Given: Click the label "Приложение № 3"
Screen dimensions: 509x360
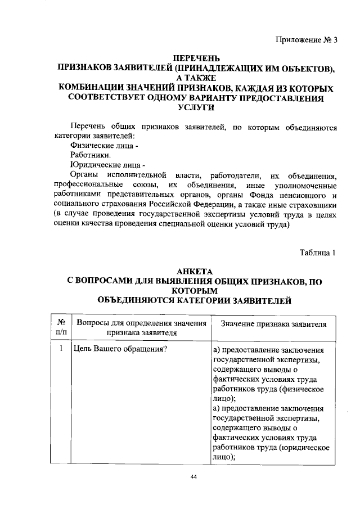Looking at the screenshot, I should pyautogui.click(x=307, y=39).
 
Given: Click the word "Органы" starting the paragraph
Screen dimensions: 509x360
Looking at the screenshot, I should pyautogui.click(x=85, y=175).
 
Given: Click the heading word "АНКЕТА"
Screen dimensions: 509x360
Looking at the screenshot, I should pyautogui.click(x=195, y=271).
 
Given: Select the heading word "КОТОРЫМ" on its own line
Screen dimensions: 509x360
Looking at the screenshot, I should pyautogui.click(x=195, y=291).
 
